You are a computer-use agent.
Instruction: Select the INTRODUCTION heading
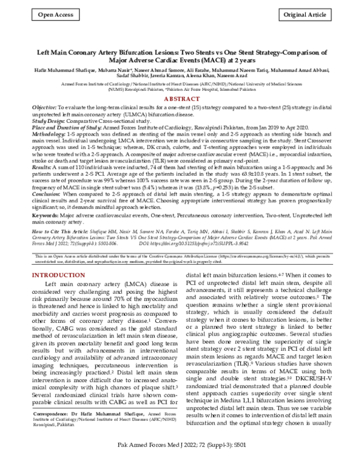[x=59, y=276]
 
